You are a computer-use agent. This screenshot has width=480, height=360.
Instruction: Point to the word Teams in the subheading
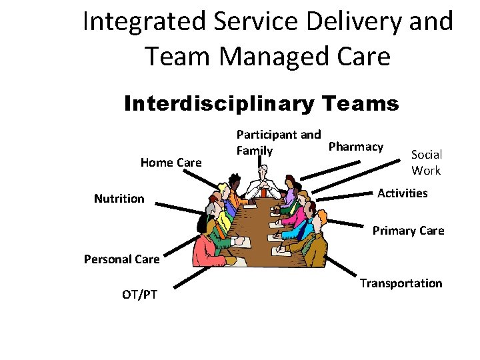pos(356,104)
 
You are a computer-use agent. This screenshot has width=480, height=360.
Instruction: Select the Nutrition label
pos(119,198)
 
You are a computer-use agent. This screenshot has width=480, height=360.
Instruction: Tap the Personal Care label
pos(121,259)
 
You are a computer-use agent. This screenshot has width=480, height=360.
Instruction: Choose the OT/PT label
pos(140,293)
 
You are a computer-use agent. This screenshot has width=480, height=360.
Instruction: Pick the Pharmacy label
pos(356,146)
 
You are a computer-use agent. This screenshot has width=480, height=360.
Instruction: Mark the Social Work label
pos(427,162)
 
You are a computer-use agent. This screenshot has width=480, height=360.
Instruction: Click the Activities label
pos(402,193)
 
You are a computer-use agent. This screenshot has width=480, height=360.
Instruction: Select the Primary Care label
pos(408,231)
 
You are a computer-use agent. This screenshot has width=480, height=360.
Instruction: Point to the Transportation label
pos(401,283)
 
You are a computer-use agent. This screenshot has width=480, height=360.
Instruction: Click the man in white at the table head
pos(263,179)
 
